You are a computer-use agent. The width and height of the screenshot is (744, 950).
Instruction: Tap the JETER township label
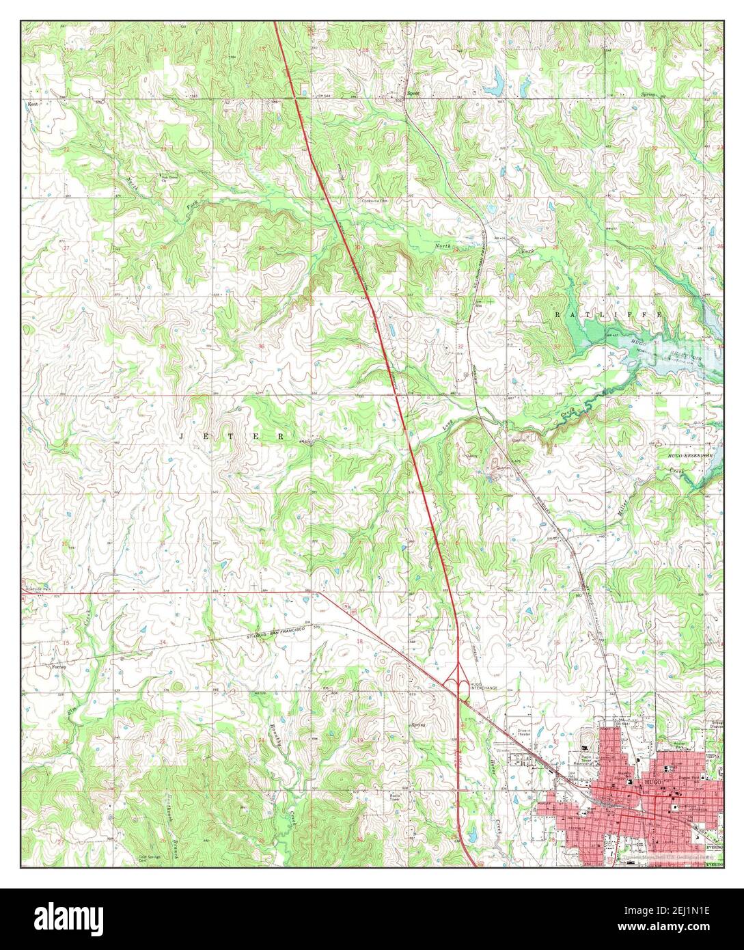pyautogui.click(x=232, y=435)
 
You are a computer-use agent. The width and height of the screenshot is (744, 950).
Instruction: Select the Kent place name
pyautogui.click(x=31, y=105)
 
